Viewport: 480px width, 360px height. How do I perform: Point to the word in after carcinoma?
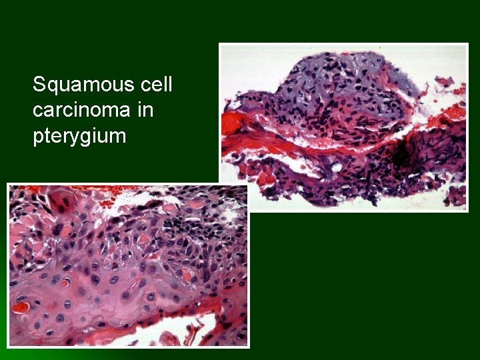[145, 110]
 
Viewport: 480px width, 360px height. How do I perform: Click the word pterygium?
[79, 136]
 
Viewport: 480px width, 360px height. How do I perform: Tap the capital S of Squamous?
[39, 85]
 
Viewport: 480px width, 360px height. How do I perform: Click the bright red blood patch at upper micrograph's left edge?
[234, 123]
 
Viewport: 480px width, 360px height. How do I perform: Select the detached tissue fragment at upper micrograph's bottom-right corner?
[456, 195]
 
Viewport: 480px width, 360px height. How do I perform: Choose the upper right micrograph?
[343, 127]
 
